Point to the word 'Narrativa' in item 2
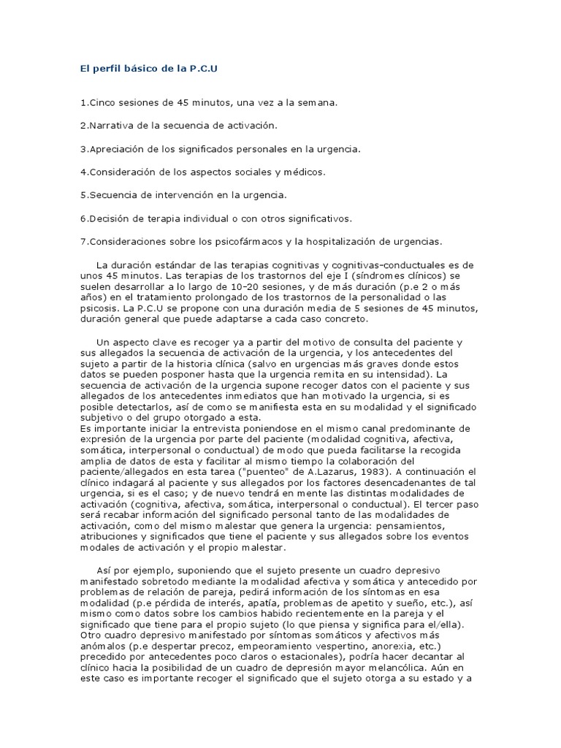pos(111,126)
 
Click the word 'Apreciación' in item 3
pos(115,149)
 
